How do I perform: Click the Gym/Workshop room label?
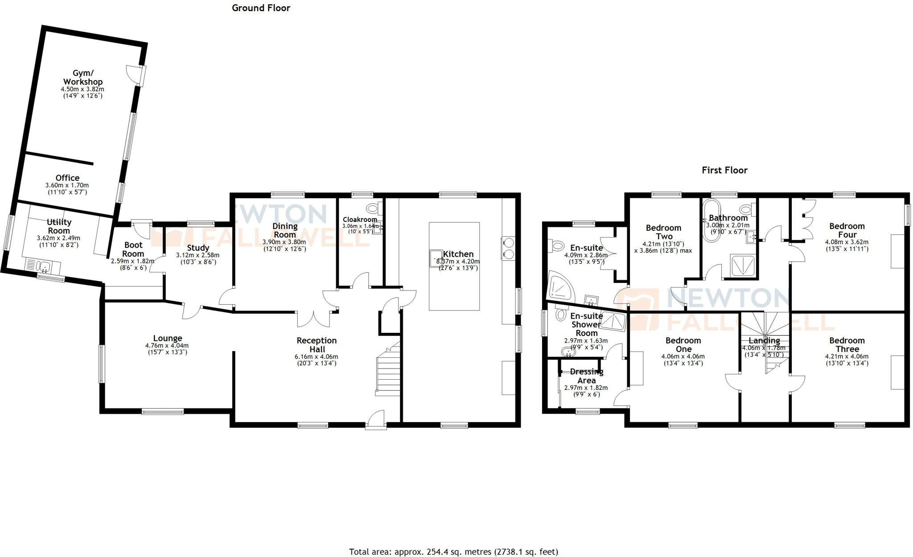pyautogui.click(x=82, y=78)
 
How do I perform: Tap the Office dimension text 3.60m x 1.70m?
pyautogui.click(x=67, y=185)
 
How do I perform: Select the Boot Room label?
pyautogui.click(x=133, y=249)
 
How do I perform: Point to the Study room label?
pyautogui.click(x=198, y=248)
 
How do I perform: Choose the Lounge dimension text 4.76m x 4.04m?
pyautogui.click(x=167, y=345)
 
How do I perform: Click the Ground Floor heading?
pyautogui.click(x=261, y=8)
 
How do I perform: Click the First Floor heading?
pyautogui.click(x=724, y=170)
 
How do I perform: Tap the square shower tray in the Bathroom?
pyautogui.click(x=743, y=266)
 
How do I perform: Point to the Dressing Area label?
pyautogui.click(x=586, y=376)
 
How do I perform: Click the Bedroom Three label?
pyautogui.click(x=847, y=344)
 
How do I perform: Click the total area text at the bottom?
pyautogui.click(x=453, y=552)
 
